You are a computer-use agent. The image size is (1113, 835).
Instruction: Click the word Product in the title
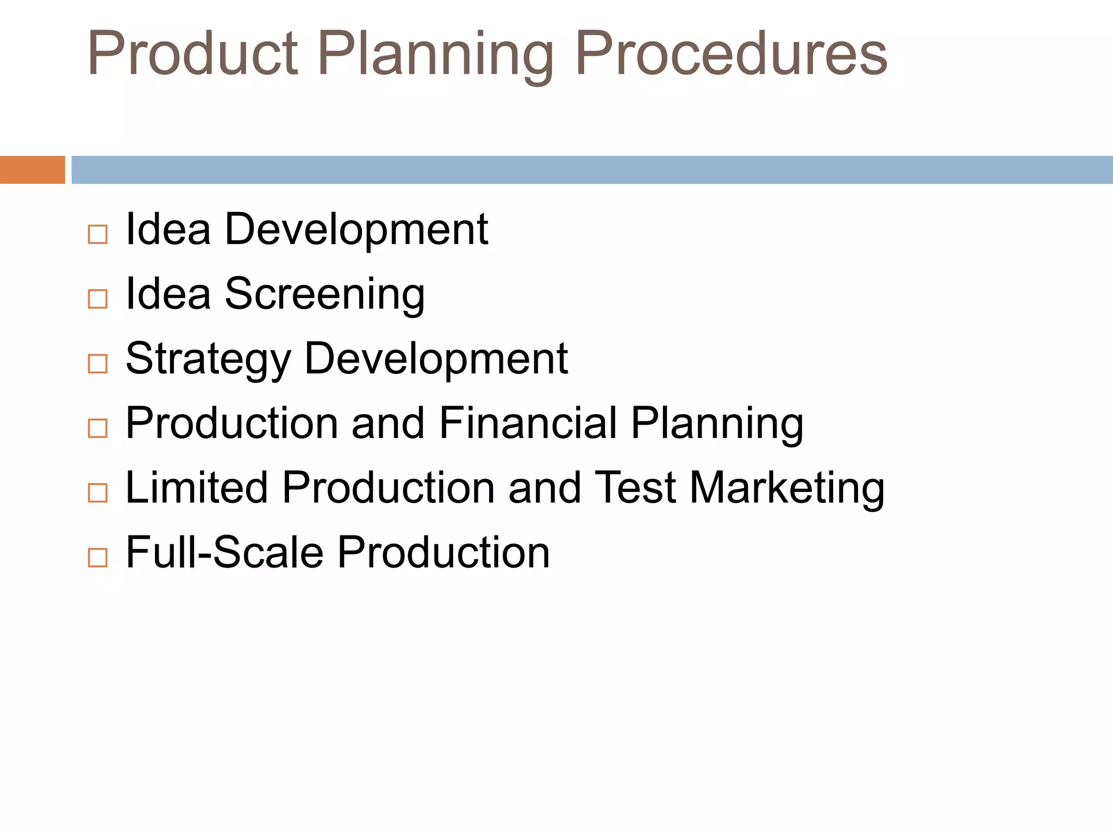click(193, 53)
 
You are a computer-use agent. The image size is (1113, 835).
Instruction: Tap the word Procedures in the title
click(731, 53)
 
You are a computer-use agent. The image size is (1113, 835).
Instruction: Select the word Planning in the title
click(435, 54)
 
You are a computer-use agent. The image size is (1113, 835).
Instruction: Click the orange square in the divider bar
click(33, 170)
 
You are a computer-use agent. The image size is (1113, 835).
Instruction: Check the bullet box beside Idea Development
click(98, 235)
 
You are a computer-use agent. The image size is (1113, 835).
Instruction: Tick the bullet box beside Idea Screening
click(98, 299)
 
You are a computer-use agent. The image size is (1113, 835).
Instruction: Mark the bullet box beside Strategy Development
click(98, 364)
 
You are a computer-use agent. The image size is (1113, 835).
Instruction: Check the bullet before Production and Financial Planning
click(98, 428)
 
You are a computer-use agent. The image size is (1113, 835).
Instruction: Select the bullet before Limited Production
click(98, 493)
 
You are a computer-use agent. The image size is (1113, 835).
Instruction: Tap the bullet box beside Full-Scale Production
click(98, 558)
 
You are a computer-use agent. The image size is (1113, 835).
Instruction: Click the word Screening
click(324, 295)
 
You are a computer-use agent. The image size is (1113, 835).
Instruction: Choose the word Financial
click(528, 423)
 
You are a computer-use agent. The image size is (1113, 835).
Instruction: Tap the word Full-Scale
click(225, 552)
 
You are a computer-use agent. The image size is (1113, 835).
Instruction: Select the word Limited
click(197, 488)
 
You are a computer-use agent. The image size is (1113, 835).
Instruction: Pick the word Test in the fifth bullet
click(635, 488)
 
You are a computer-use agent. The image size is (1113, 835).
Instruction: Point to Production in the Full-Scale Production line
click(444, 552)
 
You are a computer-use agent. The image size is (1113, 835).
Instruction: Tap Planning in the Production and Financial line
click(717, 424)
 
